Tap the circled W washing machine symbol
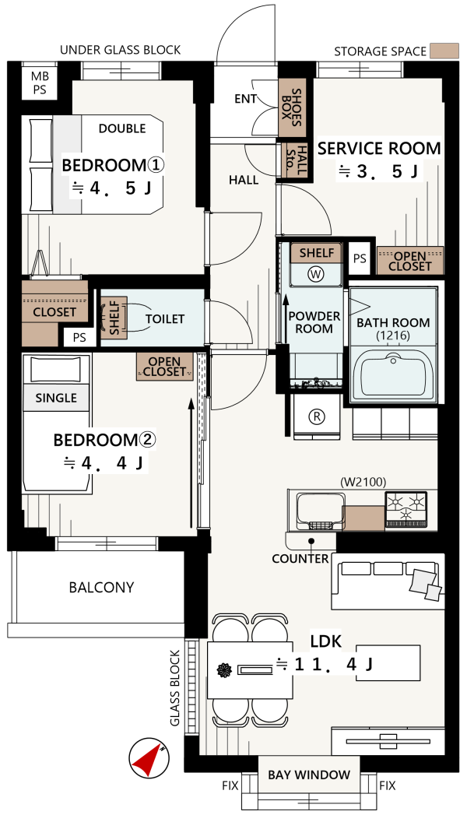click(316, 273)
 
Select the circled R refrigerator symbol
click(316, 416)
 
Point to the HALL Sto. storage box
click(294, 160)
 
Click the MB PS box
click(40, 83)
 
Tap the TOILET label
click(165, 318)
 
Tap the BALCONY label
click(101, 588)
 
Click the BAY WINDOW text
click(309, 775)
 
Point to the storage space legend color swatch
click(444, 51)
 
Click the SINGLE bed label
click(56, 398)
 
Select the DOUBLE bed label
click(122, 128)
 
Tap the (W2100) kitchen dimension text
click(363, 483)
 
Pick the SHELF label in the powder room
click(317, 253)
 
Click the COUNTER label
click(300, 559)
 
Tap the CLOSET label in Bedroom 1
click(54, 312)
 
